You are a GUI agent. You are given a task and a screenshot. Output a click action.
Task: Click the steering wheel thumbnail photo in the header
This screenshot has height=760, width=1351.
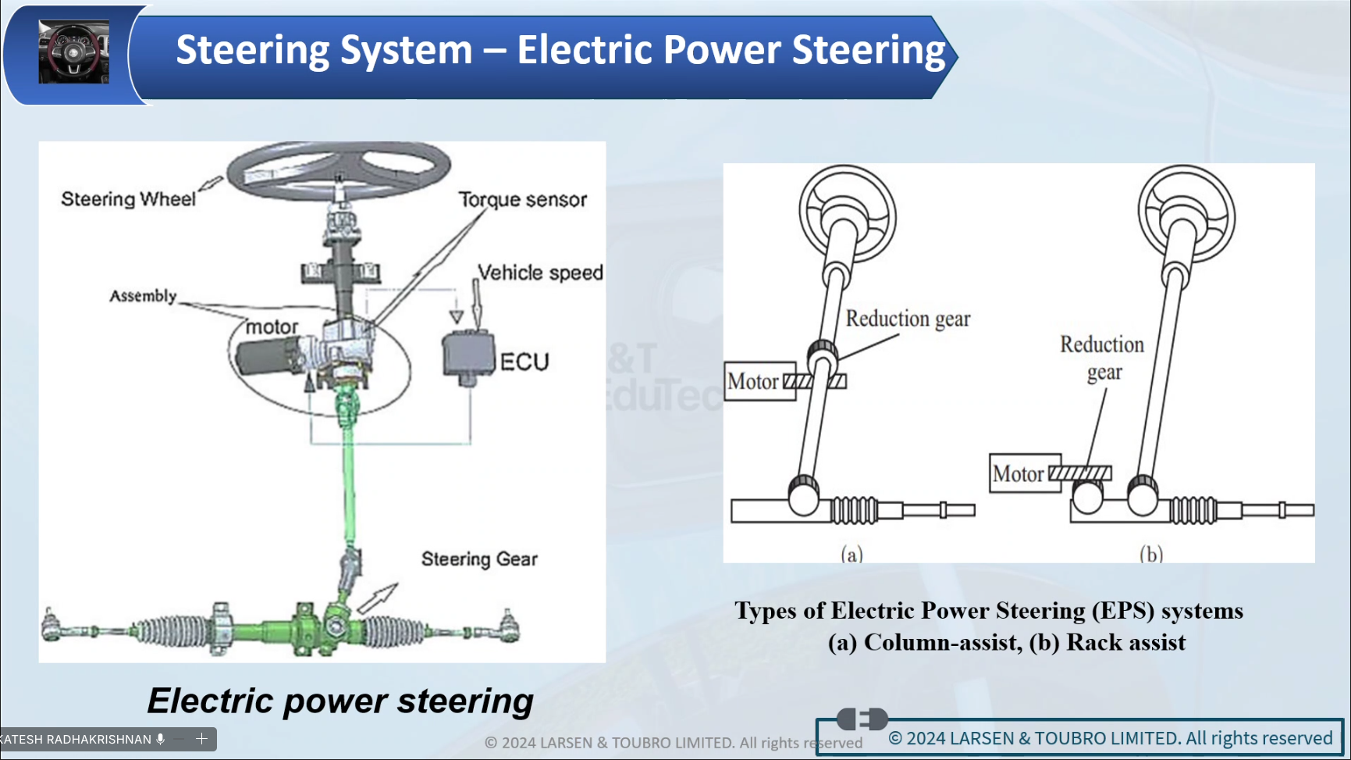click(x=74, y=52)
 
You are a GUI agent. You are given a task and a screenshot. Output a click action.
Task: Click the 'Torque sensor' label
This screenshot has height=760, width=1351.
click(x=522, y=200)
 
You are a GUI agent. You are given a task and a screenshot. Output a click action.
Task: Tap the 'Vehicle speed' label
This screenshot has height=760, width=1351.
click(x=540, y=273)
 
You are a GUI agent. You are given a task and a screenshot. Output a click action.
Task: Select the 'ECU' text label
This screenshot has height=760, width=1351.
click(x=524, y=362)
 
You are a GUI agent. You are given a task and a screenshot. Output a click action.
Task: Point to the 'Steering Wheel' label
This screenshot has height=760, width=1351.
click(x=128, y=199)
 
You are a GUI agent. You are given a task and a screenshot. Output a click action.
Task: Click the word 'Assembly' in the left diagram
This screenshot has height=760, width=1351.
click(x=143, y=296)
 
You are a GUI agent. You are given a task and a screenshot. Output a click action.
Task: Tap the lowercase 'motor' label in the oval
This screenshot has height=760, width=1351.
click(x=272, y=327)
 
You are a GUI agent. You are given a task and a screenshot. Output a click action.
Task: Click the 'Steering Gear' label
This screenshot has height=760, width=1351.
click(x=479, y=559)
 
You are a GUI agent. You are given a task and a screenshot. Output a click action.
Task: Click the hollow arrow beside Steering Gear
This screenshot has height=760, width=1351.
click(x=378, y=598)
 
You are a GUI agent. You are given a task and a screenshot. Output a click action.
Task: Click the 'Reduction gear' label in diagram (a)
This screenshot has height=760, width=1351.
click(x=908, y=319)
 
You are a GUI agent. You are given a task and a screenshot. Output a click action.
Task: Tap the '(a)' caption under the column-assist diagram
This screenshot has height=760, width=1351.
click(x=851, y=554)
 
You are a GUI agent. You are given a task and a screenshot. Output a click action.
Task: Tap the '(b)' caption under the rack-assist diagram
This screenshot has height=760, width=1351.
click(x=1150, y=554)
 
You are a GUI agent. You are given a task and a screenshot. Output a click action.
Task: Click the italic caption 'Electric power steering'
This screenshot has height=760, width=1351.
click(x=340, y=701)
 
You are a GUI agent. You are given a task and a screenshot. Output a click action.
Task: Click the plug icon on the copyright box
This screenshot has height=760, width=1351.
click(x=862, y=719)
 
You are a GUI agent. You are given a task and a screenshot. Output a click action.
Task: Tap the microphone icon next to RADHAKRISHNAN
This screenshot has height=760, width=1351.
click(x=161, y=739)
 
